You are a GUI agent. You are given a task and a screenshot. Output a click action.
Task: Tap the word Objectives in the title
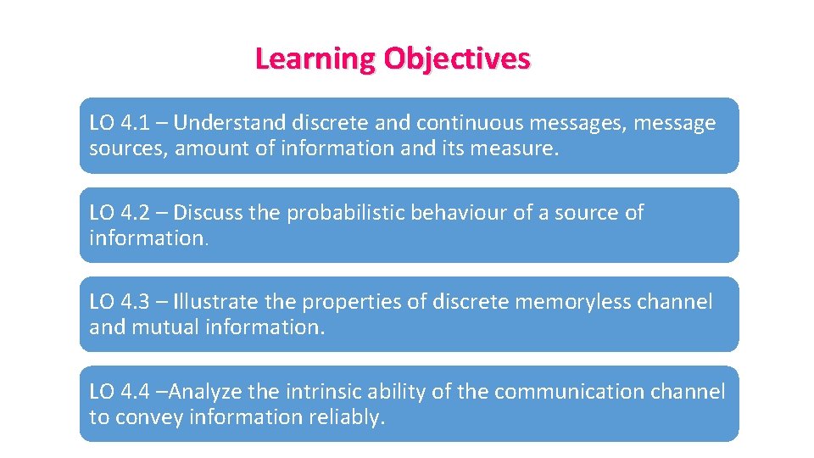[457, 59]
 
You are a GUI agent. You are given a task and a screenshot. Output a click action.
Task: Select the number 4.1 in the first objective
[133, 124]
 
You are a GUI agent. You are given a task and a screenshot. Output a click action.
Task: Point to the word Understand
[231, 124]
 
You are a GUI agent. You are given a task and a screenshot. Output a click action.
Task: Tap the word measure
[517, 149]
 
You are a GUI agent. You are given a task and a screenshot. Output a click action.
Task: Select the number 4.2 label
[133, 213]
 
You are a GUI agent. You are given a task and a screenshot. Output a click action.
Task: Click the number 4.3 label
[133, 302]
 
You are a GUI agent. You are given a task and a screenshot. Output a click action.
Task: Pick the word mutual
[166, 327]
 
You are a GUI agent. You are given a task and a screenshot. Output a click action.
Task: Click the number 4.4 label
[133, 392]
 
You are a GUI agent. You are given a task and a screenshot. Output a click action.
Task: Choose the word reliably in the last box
[349, 417]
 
